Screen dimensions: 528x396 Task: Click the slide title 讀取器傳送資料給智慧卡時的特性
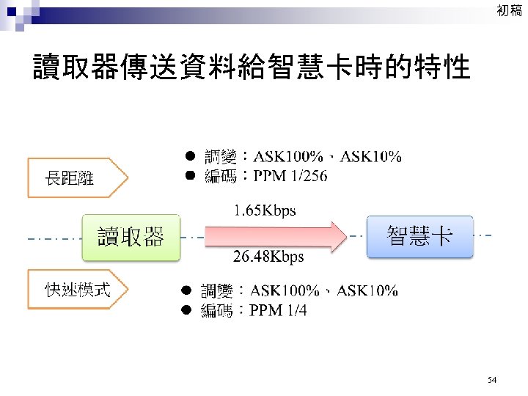click(x=251, y=68)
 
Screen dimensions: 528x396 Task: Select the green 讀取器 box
click(x=131, y=237)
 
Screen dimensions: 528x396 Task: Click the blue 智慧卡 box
click(x=419, y=236)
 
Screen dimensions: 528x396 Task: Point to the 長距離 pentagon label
click(x=71, y=177)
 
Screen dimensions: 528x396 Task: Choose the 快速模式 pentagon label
click(x=77, y=290)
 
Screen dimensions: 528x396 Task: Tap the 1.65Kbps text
click(x=265, y=210)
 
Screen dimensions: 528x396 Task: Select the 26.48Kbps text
click(x=268, y=257)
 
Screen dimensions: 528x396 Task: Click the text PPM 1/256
click(x=287, y=176)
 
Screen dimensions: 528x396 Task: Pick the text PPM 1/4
click(x=278, y=311)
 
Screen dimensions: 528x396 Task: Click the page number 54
click(x=491, y=379)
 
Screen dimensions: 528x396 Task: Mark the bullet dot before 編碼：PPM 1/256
click(x=188, y=176)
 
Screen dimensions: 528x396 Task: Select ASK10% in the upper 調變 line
click(x=370, y=156)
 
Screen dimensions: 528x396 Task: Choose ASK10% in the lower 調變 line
click(x=367, y=291)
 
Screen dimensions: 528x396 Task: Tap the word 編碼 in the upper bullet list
click(x=218, y=176)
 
